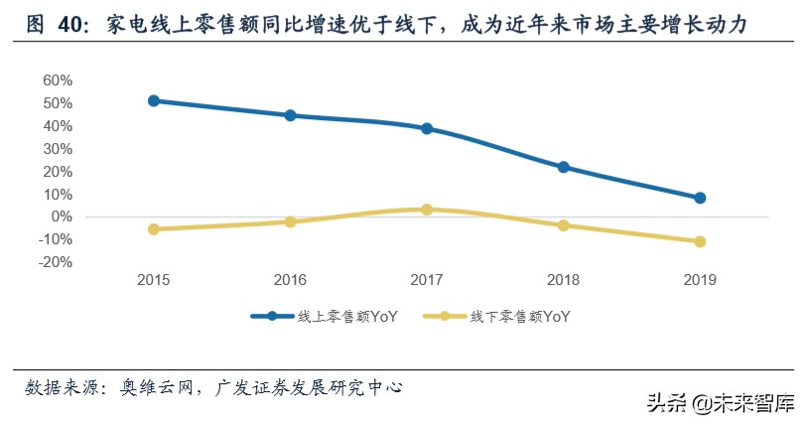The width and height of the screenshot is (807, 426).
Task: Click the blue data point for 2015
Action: (x=154, y=100)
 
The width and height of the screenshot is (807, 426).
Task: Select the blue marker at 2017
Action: (x=427, y=128)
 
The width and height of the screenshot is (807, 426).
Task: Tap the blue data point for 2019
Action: (x=700, y=198)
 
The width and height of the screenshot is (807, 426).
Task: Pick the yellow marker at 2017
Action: (x=427, y=210)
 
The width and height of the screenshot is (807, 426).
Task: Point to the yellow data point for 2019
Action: (x=700, y=241)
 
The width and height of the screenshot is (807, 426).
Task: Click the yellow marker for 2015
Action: (x=154, y=229)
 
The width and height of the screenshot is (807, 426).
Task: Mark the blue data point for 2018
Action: (x=564, y=167)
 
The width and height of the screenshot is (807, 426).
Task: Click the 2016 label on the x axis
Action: (x=290, y=280)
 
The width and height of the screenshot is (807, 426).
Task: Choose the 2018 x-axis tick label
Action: (x=564, y=280)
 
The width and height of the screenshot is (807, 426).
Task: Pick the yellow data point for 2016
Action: (x=290, y=221)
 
